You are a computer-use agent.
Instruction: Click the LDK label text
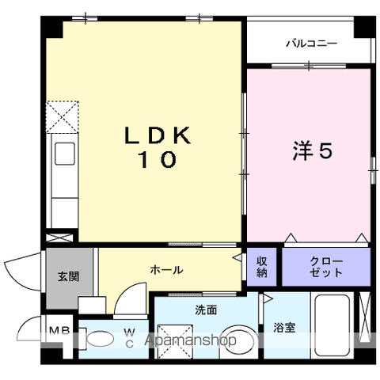click(x=158, y=135)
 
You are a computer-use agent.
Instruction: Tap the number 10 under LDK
click(x=158, y=160)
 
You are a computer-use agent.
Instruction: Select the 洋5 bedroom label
click(x=312, y=150)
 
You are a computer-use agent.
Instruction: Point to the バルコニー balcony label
click(x=312, y=44)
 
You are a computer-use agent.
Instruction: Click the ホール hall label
click(x=166, y=270)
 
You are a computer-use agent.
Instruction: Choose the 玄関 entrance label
click(x=69, y=276)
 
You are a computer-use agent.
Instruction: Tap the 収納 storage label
click(x=262, y=267)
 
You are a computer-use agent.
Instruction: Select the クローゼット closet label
click(x=326, y=267)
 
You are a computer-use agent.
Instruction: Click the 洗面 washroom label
click(x=206, y=310)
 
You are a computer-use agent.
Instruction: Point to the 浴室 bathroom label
click(x=284, y=328)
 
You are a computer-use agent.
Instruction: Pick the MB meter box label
click(x=60, y=330)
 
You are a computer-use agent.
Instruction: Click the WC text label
click(x=130, y=339)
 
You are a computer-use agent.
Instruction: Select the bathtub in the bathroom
click(x=332, y=326)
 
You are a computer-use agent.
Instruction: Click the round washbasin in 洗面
click(x=239, y=342)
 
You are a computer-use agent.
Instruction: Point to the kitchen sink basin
click(x=65, y=154)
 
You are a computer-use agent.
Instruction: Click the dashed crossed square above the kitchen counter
click(x=63, y=116)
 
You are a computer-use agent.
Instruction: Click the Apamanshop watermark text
click(x=190, y=340)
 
